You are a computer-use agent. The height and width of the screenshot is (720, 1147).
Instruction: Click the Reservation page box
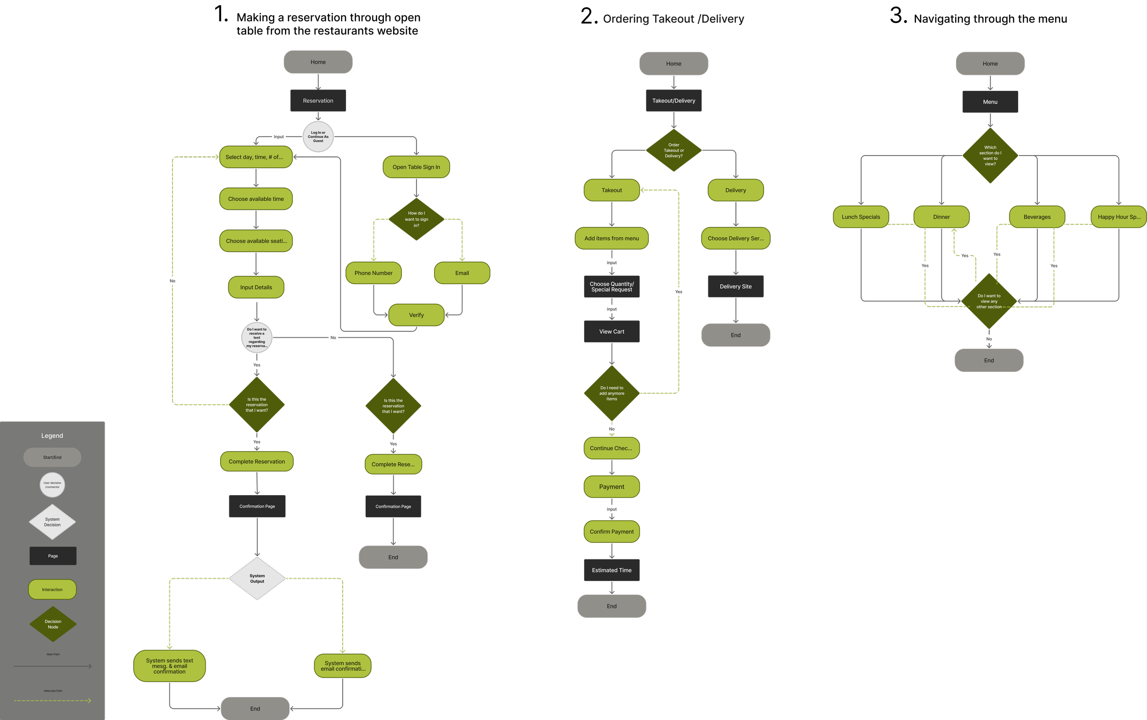pos(318,101)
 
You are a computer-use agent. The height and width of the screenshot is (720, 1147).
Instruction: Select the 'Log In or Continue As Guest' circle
pos(318,137)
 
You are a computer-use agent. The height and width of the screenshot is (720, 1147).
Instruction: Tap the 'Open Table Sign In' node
pos(416,167)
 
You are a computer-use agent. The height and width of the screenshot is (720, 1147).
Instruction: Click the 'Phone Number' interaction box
pos(373,273)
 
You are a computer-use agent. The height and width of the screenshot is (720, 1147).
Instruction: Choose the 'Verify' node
pos(416,315)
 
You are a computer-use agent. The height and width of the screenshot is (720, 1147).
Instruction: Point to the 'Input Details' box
pos(256,287)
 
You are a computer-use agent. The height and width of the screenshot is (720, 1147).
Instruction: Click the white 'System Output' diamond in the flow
pos(257,579)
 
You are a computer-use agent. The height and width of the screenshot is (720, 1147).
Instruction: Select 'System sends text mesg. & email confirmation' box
pos(169,666)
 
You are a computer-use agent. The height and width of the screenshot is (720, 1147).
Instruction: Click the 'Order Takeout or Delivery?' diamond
pos(673,151)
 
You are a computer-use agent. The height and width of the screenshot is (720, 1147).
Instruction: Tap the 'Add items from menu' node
pos(612,239)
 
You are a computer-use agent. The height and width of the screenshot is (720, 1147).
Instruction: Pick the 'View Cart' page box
pos(612,331)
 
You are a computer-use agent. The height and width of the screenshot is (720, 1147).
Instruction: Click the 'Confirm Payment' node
pos(612,531)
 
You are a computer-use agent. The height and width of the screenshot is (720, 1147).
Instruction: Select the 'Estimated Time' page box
pos(612,570)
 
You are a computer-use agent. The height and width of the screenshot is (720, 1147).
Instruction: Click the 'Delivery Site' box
pos(735,287)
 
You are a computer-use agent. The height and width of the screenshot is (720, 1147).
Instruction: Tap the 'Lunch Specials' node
pos(860,217)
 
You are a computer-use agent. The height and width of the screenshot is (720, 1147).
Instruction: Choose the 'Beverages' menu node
pos(1036,217)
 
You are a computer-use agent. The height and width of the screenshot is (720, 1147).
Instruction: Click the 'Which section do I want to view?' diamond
pos(990,156)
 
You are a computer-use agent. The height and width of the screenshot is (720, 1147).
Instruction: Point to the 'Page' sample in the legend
pos(53,556)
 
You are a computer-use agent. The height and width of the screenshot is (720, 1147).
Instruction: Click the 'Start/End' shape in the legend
pos(52,457)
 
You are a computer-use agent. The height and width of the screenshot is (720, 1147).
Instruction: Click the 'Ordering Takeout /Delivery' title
pos(673,19)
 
